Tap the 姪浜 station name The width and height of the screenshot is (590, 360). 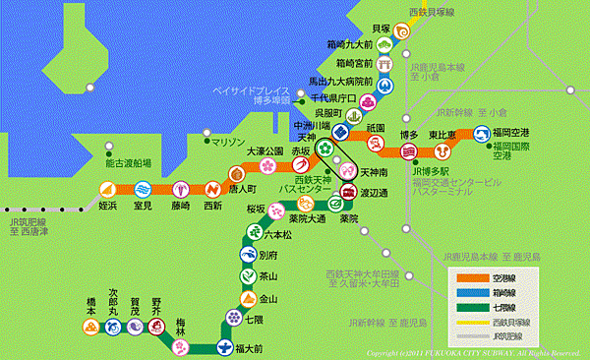(x=108, y=206)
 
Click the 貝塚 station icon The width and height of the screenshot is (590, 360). (x=402, y=30)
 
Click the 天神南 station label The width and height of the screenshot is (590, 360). (x=375, y=172)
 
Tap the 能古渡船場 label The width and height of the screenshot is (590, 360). (x=128, y=163)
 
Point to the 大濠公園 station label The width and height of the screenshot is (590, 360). (x=265, y=151)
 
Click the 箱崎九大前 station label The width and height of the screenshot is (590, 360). (x=349, y=45)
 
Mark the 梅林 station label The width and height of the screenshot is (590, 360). (x=181, y=326)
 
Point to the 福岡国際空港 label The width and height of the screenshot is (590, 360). (x=516, y=150)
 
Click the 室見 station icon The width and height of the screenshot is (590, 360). (x=144, y=189)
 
